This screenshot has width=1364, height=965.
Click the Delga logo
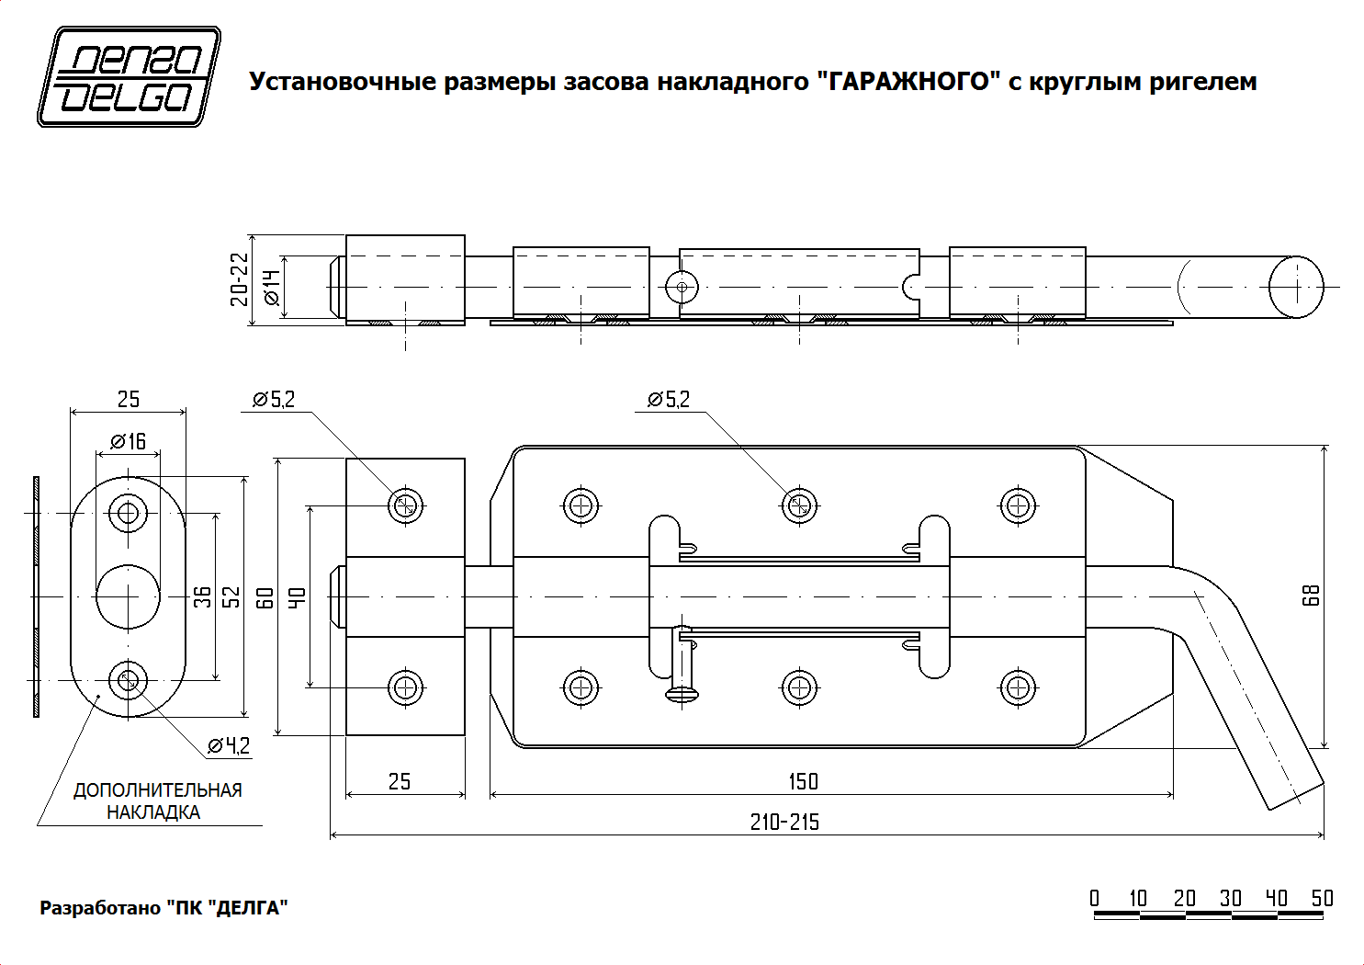[x=129, y=76]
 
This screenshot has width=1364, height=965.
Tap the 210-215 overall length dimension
[x=784, y=823]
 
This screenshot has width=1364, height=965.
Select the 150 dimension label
[x=803, y=781]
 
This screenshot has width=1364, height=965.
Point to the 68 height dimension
[x=1312, y=595]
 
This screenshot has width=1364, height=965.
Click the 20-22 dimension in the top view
[x=240, y=279]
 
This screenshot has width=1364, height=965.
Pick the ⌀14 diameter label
[x=271, y=287]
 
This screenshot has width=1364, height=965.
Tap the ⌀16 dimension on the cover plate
[x=129, y=442]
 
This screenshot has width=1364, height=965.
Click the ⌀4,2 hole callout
[x=229, y=745]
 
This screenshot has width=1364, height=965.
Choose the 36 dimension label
[x=203, y=597]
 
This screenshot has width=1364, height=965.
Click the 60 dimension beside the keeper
[x=265, y=597]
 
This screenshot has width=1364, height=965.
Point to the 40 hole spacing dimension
[x=297, y=597]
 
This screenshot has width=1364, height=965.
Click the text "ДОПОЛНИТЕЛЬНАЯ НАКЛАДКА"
[x=157, y=801]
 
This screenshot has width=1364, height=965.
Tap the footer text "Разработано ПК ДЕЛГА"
[x=163, y=908]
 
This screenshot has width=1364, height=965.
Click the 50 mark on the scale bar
[x=1322, y=898]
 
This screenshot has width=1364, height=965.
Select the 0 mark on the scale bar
[x=1095, y=898]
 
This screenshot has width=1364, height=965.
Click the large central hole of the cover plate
[x=128, y=596]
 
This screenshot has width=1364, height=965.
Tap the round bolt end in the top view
[x=1296, y=287]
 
